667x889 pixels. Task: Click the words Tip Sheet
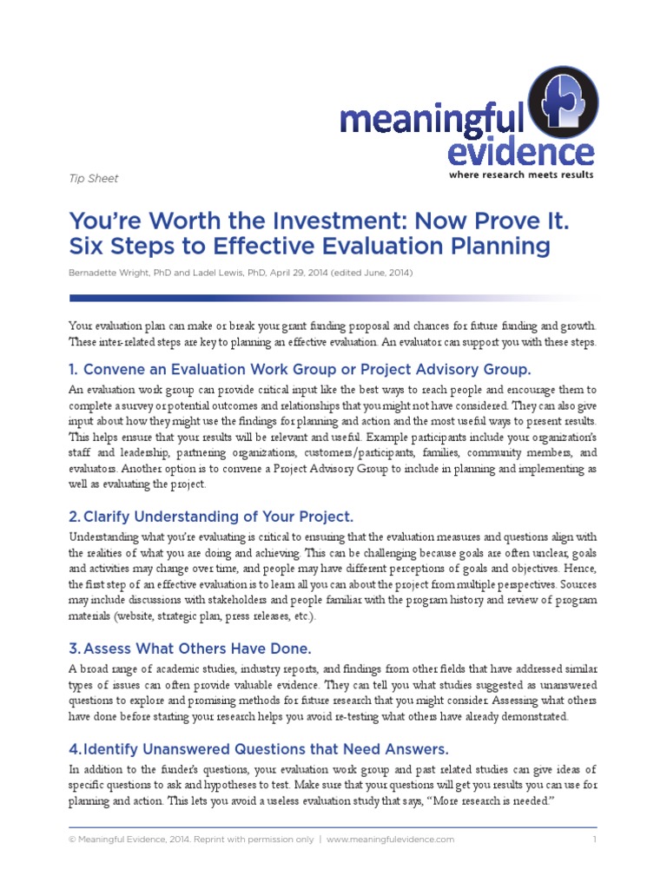click(93, 179)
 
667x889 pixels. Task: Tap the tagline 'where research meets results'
click(521, 175)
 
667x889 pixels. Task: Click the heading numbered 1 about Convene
click(300, 370)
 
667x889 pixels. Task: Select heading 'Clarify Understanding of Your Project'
click(211, 517)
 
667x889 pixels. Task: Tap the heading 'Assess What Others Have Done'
click(189, 649)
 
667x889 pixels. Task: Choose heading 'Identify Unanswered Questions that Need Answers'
click(259, 749)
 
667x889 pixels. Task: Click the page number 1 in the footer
click(594, 840)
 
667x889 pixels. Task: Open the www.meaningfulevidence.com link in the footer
click(391, 840)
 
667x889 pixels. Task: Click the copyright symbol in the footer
click(72, 840)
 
